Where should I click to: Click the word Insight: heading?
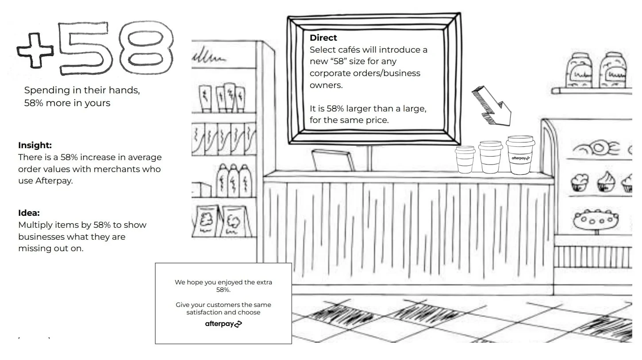(x=35, y=145)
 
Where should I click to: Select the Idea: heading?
(x=29, y=213)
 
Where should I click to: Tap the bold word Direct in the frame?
(x=323, y=38)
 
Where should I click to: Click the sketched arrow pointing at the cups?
(x=491, y=105)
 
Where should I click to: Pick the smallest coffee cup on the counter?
(x=465, y=159)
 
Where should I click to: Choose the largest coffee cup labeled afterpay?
(x=520, y=155)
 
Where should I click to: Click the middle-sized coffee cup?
(x=490, y=157)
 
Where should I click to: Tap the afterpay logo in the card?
(x=223, y=324)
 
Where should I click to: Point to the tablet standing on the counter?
(x=333, y=160)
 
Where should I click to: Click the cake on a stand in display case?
(x=596, y=220)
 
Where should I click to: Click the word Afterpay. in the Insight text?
(x=54, y=181)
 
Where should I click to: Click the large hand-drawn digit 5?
(x=84, y=48)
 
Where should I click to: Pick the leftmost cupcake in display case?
(x=579, y=182)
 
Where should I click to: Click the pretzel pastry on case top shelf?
(x=596, y=148)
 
